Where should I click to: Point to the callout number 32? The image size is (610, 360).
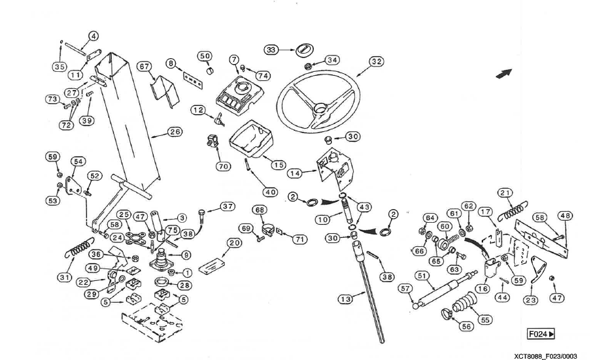point(376,62)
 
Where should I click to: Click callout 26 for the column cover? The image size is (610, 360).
point(175,132)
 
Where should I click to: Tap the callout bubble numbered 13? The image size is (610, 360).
point(345,299)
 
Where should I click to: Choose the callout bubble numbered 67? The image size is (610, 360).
point(144,66)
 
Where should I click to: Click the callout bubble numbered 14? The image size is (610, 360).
point(296,174)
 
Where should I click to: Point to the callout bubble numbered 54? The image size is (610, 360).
point(78,161)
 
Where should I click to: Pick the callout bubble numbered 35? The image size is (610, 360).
point(59,66)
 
